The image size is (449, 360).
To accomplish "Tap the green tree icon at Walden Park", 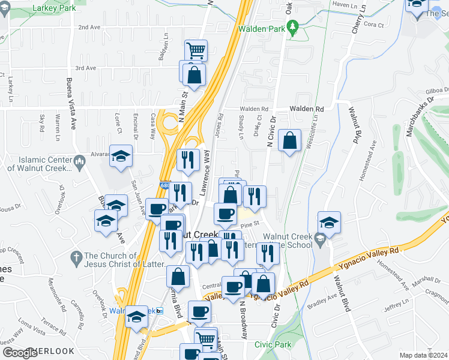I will [293, 28].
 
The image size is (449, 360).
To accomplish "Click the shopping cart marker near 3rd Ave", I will [196, 49].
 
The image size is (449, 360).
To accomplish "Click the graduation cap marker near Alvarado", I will [121, 157].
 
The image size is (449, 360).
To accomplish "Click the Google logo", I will [20, 352].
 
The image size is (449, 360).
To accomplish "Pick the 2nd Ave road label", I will [89, 27].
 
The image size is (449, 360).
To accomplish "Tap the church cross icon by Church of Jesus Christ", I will [76, 257].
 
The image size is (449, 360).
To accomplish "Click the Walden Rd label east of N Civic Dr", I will [306, 109].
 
